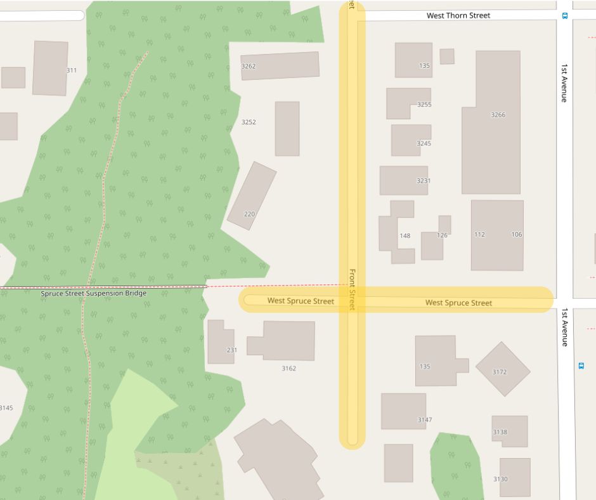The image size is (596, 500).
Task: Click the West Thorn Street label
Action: tap(458, 15)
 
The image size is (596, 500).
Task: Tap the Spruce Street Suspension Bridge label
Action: tap(93, 294)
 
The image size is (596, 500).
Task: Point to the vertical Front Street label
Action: tap(353, 289)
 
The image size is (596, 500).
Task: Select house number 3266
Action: tap(498, 115)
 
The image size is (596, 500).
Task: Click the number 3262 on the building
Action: tap(249, 66)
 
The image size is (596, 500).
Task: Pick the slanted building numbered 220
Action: tap(251, 195)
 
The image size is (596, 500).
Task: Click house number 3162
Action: tap(288, 368)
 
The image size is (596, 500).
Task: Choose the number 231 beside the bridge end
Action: tap(231, 350)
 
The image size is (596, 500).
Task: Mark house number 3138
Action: tap(500, 432)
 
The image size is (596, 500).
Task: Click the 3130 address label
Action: tap(500, 479)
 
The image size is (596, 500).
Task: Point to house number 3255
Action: tap(424, 104)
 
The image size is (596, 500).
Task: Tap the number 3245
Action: tap(424, 143)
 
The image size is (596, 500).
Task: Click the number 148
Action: tap(405, 235)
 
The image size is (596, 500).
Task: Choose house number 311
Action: tap(71, 70)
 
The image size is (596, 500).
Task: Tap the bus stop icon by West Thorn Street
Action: tap(565, 16)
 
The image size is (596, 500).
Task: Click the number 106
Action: tap(517, 235)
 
